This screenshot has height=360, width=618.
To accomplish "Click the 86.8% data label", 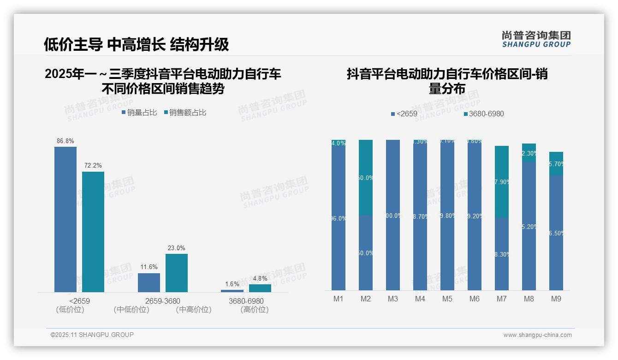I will [x=65, y=141].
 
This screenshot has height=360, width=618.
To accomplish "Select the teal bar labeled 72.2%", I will [x=93, y=231].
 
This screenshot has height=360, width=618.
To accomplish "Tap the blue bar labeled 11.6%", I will [x=149, y=282].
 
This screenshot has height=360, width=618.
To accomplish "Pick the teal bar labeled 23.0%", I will [x=177, y=272].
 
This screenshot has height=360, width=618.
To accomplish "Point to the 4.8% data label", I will [x=260, y=278].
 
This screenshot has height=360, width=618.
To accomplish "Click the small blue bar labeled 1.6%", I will [x=232, y=291].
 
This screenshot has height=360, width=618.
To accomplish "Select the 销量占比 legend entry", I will [x=139, y=112].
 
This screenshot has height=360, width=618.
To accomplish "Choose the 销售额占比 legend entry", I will [x=185, y=112].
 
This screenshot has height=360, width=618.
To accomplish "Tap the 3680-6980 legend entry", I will [x=484, y=114].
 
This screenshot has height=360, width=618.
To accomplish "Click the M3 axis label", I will [x=392, y=299].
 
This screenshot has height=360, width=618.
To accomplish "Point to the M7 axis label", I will [x=502, y=299].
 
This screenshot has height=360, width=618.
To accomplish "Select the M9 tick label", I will [x=556, y=299].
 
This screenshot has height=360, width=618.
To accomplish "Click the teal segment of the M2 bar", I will [x=366, y=177].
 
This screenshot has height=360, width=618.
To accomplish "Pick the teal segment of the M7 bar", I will [x=502, y=181].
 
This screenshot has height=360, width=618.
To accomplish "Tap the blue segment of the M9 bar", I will [x=556, y=233].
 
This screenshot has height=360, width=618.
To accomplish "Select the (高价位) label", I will [x=254, y=310].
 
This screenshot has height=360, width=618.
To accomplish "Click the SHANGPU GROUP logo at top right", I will [x=536, y=39].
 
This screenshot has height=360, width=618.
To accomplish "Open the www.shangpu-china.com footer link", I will [x=537, y=335].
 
